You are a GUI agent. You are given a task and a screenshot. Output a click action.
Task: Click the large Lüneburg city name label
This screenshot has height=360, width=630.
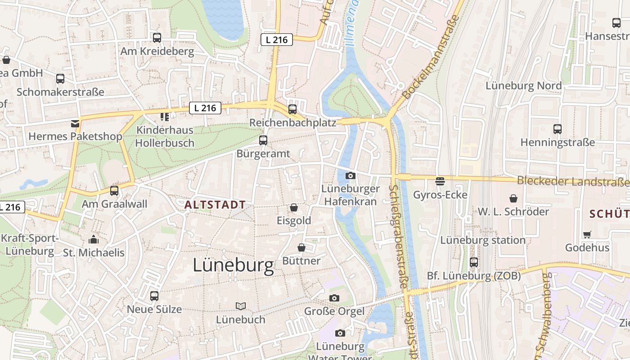pos(233,265)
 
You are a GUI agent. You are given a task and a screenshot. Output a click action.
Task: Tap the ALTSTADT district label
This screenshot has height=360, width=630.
pos(215,205)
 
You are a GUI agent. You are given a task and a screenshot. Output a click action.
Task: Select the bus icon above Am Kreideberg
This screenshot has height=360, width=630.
pos(157,38)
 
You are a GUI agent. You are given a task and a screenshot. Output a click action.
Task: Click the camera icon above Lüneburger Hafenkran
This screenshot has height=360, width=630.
pos(351,175)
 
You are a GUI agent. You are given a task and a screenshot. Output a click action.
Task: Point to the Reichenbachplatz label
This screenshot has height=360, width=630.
pos(292,123)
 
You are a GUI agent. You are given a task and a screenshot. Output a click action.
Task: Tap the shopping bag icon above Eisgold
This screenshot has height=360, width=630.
pos(294,207)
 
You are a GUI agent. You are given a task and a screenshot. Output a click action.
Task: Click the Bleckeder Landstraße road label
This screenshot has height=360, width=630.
pos(572,181)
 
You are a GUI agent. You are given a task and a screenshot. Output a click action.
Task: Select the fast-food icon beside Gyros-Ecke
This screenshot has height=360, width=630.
pos(440,181)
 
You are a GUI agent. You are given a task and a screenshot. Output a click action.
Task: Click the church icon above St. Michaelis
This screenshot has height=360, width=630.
pos(94,239)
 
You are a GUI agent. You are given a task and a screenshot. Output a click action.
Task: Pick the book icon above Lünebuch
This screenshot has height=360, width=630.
pos(241,306)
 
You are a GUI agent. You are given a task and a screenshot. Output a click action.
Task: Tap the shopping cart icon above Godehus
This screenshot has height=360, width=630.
pos(587,234)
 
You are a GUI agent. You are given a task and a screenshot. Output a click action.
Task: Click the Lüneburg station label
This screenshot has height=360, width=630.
pos(482,240)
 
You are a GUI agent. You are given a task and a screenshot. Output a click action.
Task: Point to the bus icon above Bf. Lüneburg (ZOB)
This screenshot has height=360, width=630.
pos(473,262)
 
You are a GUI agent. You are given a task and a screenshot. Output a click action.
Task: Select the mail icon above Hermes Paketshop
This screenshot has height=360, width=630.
pos(75,123)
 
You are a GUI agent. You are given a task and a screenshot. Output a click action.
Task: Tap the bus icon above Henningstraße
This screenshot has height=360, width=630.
pos(558,129)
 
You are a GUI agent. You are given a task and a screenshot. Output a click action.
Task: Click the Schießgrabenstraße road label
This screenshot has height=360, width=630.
pos(399,236)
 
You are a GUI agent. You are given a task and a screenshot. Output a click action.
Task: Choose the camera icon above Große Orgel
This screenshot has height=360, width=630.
pos(334,298)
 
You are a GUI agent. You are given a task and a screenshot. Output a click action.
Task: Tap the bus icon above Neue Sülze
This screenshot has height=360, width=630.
pos(154,296)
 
